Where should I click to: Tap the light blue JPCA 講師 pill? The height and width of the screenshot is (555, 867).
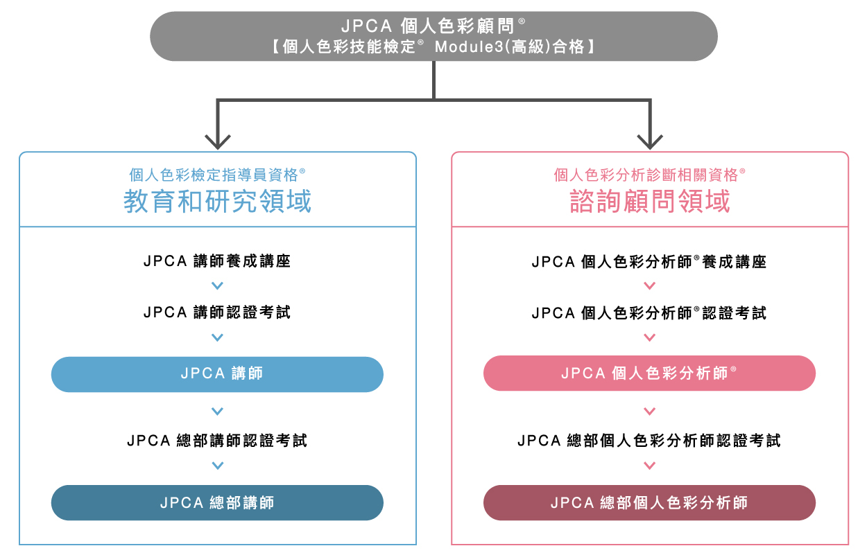[x=217, y=374]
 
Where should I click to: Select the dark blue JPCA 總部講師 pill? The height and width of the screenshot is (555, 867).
[x=217, y=503]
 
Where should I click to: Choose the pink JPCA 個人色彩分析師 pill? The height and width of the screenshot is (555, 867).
[x=649, y=373]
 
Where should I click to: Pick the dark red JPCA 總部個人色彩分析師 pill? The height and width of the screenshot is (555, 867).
[x=649, y=503]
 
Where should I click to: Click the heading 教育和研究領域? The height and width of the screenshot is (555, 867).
[x=217, y=202]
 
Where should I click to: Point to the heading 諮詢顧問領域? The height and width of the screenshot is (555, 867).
[x=650, y=202]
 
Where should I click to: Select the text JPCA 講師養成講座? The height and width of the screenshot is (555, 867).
[x=217, y=262]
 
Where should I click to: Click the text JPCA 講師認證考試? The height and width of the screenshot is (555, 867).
[x=217, y=312]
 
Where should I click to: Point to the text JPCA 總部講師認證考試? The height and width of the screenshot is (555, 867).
[x=217, y=441]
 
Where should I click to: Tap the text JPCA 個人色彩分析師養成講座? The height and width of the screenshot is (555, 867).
[x=649, y=263]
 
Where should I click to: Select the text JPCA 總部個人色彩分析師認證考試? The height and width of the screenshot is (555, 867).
[x=649, y=441]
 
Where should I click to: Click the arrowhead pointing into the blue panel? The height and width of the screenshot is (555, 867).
[x=218, y=142]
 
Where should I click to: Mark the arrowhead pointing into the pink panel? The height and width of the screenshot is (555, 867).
[x=650, y=142]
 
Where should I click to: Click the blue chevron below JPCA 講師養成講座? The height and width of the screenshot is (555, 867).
[x=217, y=285]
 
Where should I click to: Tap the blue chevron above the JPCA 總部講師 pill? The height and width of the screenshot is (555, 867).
[x=217, y=466]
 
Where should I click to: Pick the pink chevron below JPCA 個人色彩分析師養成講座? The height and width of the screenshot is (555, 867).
[x=649, y=285]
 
